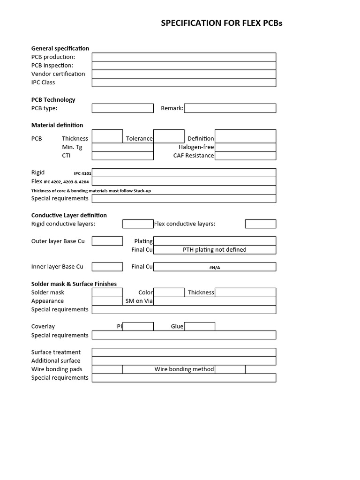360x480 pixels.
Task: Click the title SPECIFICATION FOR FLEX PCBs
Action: pyautogui.click(x=222, y=23)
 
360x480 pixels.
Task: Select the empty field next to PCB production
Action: pyautogui.click(x=184, y=57)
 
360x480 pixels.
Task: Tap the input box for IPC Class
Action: pyautogui.click(x=184, y=82)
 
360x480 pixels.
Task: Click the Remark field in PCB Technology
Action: pyautogui.click(x=230, y=108)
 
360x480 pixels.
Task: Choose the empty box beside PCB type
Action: pyautogui.click(x=122, y=108)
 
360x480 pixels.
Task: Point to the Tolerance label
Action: pyautogui.click(x=139, y=138)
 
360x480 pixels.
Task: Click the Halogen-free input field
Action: pyautogui.click(x=245, y=147)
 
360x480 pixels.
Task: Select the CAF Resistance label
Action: pyautogui.click(x=194, y=156)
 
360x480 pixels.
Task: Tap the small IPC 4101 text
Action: pyautogui.click(x=82, y=173)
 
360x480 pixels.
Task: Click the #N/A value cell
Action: pyautogui.click(x=215, y=267)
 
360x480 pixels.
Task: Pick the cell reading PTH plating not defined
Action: pyautogui.click(x=215, y=250)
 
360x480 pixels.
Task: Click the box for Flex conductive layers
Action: pyautogui.click(x=260, y=224)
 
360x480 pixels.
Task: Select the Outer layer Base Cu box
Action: pyautogui.click(x=107, y=241)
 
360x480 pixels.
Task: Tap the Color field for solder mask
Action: pyautogui.click(x=169, y=292)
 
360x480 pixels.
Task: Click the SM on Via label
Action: pyautogui.click(x=139, y=301)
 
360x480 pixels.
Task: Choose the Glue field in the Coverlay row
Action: pyautogui.click(x=199, y=326)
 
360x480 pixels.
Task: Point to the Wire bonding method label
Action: pyautogui.click(x=184, y=369)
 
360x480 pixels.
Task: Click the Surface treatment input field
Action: pyautogui.click(x=184, y=352)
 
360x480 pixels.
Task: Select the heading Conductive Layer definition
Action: pyautogui.click(x=69, y=215)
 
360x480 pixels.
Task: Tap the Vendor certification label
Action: pyautogui.click(x=58, y=74)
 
